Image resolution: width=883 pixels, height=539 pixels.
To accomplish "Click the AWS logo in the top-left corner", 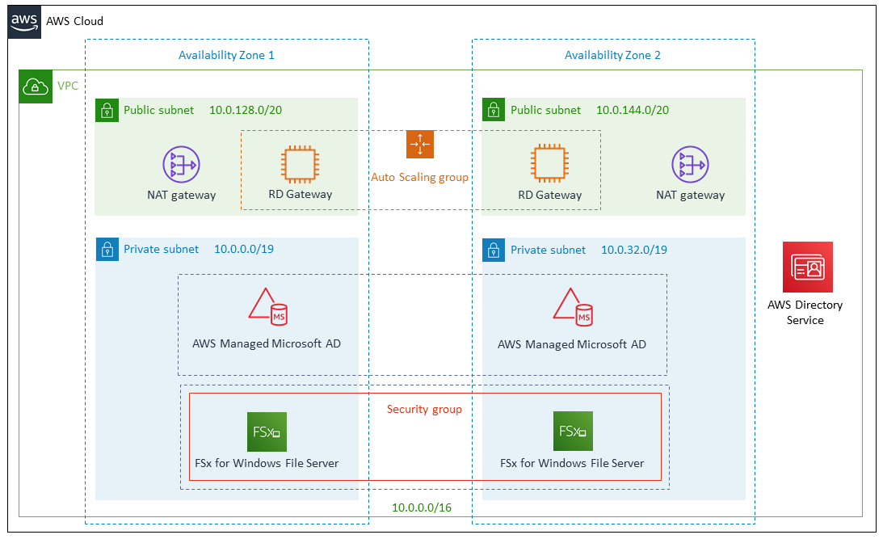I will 24,21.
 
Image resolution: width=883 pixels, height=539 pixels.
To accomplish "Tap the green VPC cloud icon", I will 35,86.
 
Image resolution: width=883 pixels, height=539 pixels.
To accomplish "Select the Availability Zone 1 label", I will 226,56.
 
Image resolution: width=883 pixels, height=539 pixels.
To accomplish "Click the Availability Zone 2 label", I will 612,56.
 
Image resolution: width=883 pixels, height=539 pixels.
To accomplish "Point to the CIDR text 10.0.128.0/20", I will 246,110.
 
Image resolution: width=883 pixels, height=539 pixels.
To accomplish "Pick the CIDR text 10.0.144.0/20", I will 633,110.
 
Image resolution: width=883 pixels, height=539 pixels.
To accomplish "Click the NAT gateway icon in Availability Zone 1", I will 181,165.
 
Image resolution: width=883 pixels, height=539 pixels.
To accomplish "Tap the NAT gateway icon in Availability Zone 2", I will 690,165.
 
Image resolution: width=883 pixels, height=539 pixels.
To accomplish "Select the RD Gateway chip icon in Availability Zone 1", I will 300,165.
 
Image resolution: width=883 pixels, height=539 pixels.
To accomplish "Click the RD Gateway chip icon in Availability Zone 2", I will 549,165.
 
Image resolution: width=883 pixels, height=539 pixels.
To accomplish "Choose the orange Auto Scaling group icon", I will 420,144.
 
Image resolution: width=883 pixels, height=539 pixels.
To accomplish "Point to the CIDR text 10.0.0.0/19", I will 244,249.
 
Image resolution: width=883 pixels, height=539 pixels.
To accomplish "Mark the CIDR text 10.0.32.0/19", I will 634,250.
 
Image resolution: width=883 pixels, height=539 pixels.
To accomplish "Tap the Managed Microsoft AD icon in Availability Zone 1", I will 267,308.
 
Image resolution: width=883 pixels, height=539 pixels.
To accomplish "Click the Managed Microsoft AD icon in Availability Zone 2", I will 572,308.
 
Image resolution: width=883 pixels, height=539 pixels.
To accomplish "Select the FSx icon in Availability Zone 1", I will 267,432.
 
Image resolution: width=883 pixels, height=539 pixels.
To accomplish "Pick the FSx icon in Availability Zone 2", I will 572,431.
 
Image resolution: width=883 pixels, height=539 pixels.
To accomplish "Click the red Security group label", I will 424,410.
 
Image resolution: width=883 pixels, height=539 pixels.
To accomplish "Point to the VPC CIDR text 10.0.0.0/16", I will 423,507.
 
